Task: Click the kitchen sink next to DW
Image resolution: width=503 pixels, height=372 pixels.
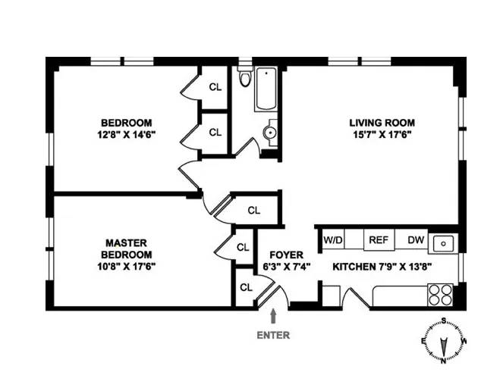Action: pos(443,243)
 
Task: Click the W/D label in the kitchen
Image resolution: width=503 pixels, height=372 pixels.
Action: pos(333,240)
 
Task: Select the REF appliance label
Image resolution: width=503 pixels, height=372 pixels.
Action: pos(378,240)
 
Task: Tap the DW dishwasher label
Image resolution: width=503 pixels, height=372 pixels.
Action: pos(415,240)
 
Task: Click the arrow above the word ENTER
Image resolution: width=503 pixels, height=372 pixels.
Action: pos(274,314)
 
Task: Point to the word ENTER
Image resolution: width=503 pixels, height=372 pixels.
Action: pos(274,334)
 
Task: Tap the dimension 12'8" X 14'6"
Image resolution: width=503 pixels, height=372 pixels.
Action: pos(127,135)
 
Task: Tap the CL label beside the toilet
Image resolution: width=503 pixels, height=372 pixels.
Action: pos(215,86)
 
